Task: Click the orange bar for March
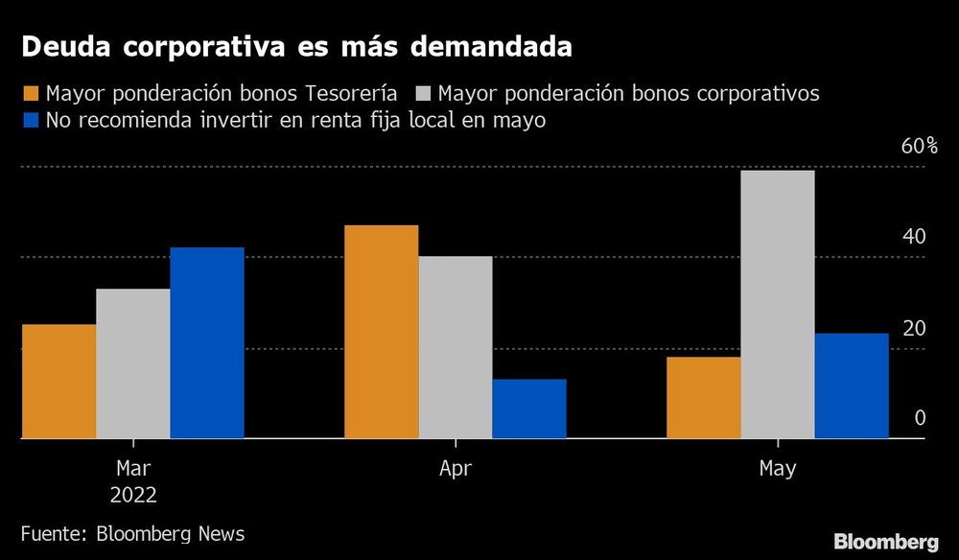pos(58,382)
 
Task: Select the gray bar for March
pos(133,363)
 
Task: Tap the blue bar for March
pos(207,343)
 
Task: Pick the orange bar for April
pos(381,332)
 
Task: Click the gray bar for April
pos(456,347)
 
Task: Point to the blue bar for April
pos(529,409)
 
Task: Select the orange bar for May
pos(704,398)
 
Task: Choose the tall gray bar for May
pos(778,305)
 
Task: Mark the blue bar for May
pos(852,386)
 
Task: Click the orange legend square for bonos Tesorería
pos(30,94)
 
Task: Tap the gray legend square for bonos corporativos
pos(425,94)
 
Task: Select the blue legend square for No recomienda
pos(30,121)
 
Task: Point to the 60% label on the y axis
pos(918,147)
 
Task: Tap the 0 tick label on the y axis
pos(919,418)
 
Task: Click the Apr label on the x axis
pos(455,469)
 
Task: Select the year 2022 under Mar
pos(133,495)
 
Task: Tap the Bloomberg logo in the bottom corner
pos(886,541)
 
